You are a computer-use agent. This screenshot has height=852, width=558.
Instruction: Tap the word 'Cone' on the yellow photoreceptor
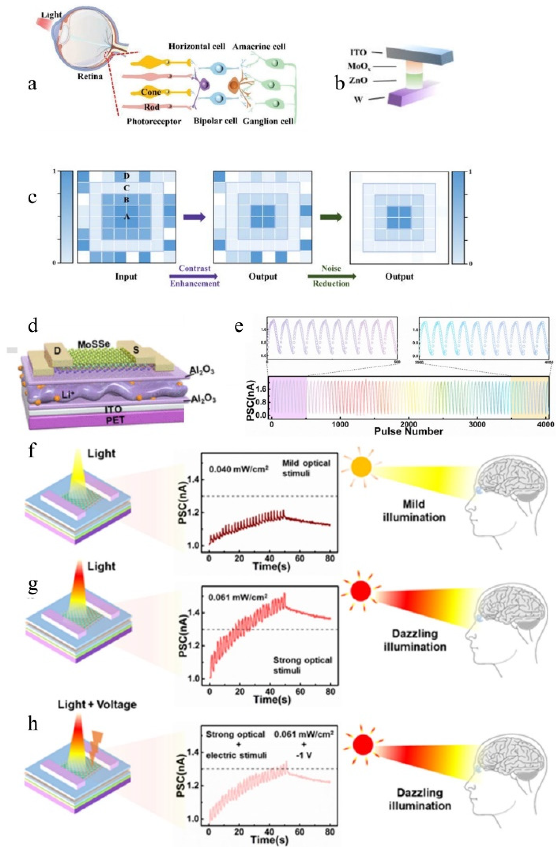[x=150, y=92]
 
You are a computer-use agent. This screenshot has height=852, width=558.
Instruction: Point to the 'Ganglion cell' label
[x=268, y=121]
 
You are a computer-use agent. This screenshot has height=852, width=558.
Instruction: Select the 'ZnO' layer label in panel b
[x=358, y=81]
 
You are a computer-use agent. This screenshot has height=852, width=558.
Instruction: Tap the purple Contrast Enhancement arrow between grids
[x=195, y=217]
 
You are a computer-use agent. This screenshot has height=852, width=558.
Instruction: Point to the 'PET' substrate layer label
[x=115, y=419]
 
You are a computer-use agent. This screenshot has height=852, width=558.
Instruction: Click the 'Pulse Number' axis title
[x=408, y=431]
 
